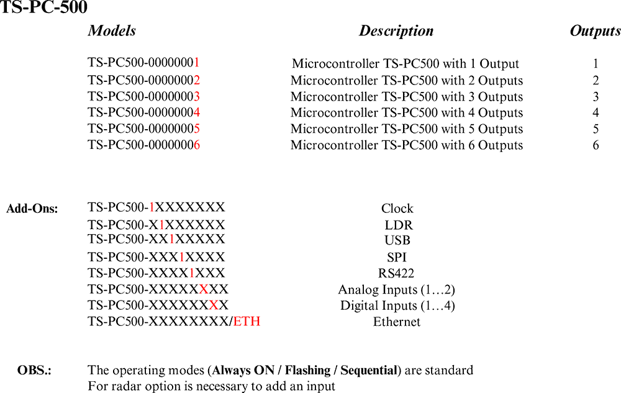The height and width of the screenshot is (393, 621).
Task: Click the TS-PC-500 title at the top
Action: pos(43,7)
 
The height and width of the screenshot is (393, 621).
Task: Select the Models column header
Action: pos(112,31)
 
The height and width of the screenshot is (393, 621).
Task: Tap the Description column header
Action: pos(396,31)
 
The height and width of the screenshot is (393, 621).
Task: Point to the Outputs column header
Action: pos(595,31)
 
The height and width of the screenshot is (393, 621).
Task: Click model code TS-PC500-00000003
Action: pos(143,96)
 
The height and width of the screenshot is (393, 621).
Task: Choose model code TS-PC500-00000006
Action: pos(143,145)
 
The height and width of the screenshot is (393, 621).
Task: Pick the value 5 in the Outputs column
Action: pos(596,129)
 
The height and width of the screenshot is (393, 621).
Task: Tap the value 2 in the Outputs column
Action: pos(596,80)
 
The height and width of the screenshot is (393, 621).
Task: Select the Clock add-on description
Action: pos(397,209)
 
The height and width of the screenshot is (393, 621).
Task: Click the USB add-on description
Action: pos(397,240)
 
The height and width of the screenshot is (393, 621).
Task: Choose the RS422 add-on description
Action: pos(396,273)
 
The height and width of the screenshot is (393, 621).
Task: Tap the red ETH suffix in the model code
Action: pos(247,322)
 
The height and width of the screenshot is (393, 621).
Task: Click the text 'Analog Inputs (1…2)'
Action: pos(397,290)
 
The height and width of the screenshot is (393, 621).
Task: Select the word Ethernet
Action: pos(397,322)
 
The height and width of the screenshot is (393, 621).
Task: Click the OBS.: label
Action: pos(34,371)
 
